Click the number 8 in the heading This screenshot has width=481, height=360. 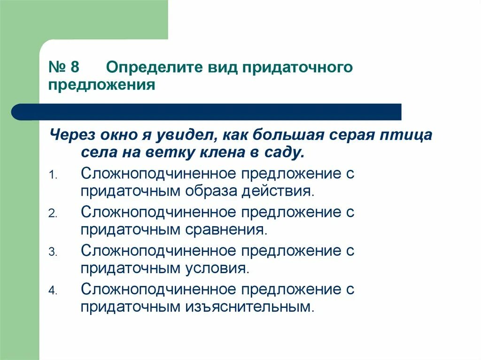74,67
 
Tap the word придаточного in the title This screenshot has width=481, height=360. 297,67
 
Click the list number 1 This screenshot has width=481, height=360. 53,175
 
